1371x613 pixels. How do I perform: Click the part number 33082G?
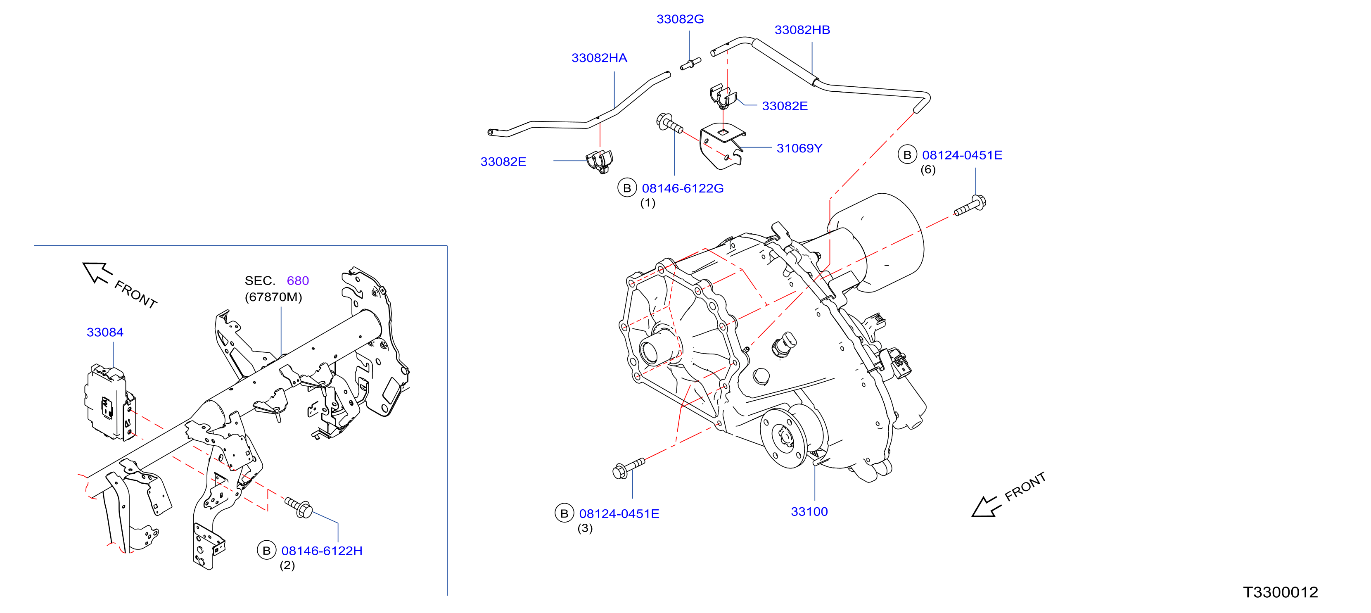tap(680, 19)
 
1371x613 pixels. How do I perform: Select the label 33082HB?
tap(802, 30)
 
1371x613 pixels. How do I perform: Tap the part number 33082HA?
tap(599, 58)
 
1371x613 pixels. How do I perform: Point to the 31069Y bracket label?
tap(799, 148)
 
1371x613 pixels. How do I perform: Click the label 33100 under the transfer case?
tap(809, 512)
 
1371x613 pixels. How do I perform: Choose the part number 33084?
tap(105, 333)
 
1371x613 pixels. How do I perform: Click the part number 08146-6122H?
tap(322, 551)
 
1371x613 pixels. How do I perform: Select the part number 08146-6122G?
tap(683, 188)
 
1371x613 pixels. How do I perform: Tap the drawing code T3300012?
tap(1281, 592)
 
